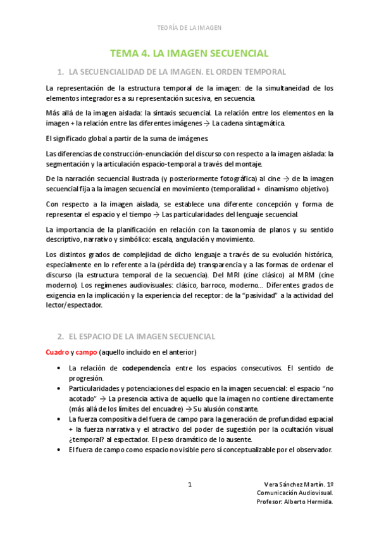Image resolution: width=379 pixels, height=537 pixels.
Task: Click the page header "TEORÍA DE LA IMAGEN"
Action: [x=189, y=28]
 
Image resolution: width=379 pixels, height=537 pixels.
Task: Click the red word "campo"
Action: [x=85, y=351]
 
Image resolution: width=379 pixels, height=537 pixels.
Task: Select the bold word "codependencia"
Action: [x=146, y=368]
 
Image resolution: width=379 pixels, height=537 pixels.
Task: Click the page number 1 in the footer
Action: [x=190, y=485]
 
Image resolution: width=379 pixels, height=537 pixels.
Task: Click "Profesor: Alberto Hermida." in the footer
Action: [x=295, y=502]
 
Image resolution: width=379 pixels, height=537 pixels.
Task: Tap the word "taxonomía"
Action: [x=225, y=229]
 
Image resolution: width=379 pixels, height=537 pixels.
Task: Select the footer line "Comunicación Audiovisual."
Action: [x=295, y=493]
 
